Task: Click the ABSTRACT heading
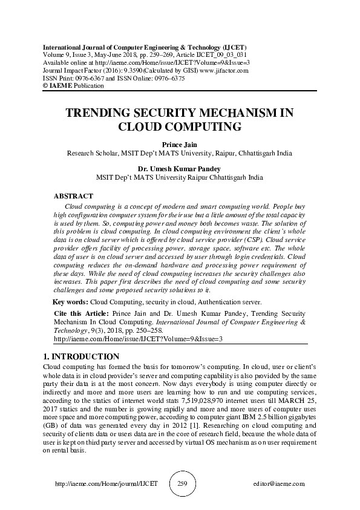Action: coord(73,196)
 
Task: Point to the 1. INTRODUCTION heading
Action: coord(82,356)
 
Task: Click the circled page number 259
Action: coord(180,483)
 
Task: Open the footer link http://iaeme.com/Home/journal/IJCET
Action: coord(106,484)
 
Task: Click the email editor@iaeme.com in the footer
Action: coord(279,484)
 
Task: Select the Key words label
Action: coord(71,301)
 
